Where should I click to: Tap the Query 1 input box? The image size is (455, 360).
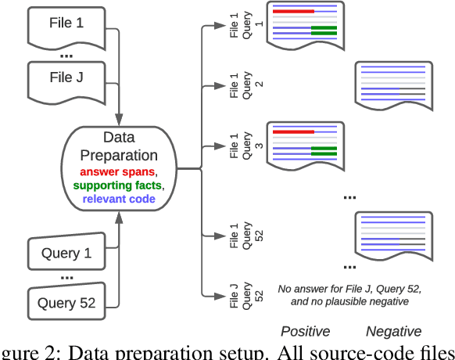tap(66, 254)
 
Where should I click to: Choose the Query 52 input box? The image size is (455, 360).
tap(66, 303)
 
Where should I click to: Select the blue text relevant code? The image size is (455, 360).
tap(119, 198)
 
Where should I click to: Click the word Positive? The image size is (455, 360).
tap(305, 331)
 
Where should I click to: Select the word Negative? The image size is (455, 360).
tap(393, 331)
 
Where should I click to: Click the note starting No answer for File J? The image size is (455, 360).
tap(349, 293)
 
